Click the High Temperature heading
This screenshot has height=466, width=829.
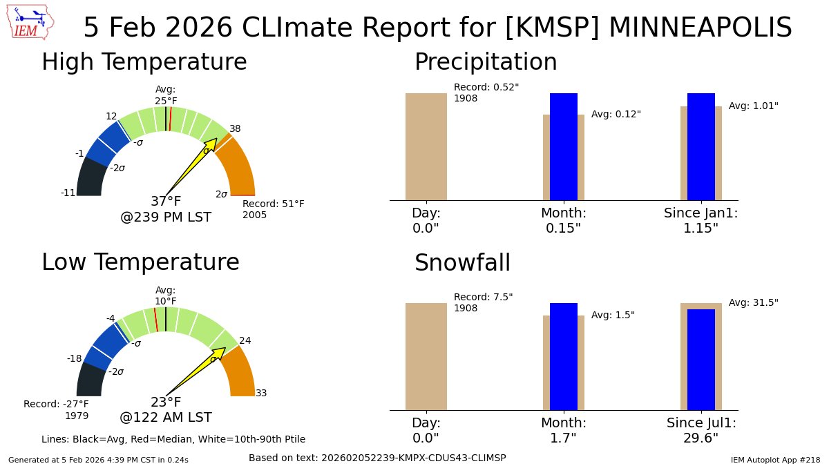(x=144, y=62)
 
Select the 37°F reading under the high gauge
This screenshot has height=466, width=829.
(x=166, y=202)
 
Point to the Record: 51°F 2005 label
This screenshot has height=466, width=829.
(x=273, y=209)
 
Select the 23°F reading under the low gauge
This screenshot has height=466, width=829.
(x=166, y=402)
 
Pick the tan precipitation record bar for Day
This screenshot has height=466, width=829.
(x=426, y=146)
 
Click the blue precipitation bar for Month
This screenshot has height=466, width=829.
(x=563, y=146)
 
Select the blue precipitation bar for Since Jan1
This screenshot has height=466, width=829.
(x=701, y=146)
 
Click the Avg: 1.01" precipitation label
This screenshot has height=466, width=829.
(x=753, y=106)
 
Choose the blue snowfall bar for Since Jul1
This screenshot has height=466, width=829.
(x=701, y=359)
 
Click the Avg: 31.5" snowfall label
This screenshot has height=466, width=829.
(x=753, y=303)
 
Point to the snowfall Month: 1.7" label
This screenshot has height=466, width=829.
(x=563, y=430)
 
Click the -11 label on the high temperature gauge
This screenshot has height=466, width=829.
(x=68, y=193)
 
